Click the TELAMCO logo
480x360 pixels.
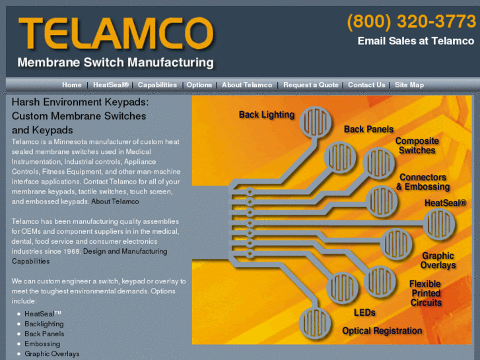116,34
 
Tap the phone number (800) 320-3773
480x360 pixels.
411,22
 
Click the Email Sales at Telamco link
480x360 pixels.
416,41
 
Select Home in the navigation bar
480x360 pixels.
72,85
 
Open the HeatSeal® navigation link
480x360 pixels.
111,85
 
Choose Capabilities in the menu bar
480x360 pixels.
157,85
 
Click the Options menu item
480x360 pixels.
199,85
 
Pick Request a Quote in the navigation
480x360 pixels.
311,85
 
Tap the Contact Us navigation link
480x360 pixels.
366,85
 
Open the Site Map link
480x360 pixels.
409,85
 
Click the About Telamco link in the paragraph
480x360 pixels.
115,201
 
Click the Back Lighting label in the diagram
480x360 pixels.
267,114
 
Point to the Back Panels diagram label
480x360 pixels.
368,129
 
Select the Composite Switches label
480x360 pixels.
417,145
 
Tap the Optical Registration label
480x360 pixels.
382,331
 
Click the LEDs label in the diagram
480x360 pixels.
364,312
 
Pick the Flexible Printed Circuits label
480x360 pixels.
425,293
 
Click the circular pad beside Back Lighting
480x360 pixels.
316,122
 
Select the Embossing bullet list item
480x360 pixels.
42,343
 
